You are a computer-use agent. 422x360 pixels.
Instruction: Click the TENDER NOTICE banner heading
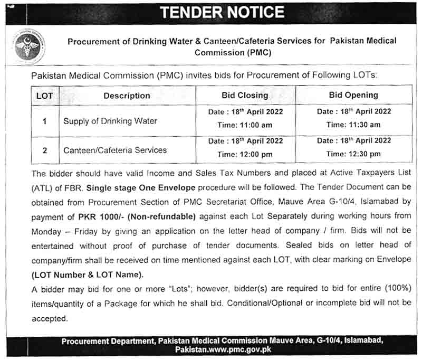click(222, 12)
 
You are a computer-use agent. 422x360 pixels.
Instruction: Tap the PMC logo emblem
click(29, 46)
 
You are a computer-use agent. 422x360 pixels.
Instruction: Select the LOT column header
click(45, 96)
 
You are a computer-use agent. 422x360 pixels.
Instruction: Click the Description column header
click(127, 96)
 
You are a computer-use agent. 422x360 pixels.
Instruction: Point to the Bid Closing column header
click(245, 96)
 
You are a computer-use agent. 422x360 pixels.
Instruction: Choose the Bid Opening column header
click(353, 96)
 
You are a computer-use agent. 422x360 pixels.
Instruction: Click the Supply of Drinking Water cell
click(110, 121)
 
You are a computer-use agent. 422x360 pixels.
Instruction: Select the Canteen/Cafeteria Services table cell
click(115, 150)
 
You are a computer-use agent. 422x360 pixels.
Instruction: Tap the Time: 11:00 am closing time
click(245, 126)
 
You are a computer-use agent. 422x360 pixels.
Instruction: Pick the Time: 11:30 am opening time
click(353, 125)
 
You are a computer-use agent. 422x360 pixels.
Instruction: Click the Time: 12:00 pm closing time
click(245, 155)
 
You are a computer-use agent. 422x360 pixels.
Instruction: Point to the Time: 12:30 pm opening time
click(353, 154)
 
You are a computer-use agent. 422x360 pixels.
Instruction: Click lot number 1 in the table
click(45, 121)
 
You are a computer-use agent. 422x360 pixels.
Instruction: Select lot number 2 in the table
click(45, 150)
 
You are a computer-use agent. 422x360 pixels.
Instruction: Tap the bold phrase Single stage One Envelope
click(141, 187)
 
